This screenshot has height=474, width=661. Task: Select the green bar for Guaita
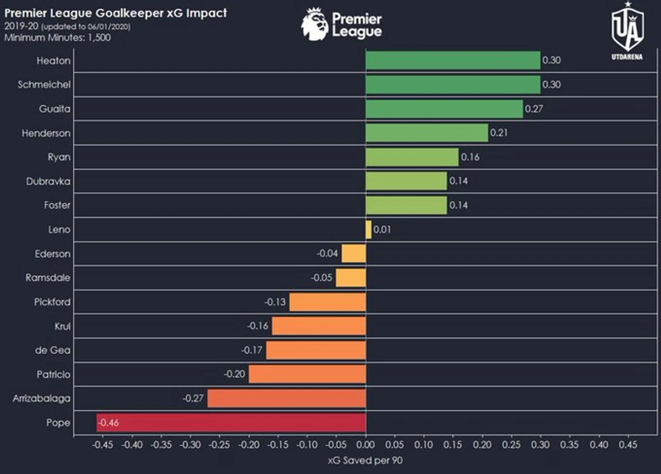444,109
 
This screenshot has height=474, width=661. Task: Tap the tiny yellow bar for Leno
369,229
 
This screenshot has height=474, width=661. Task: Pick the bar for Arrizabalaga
287,398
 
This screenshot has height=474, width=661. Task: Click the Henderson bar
427,133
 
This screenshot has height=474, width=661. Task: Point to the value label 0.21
498,133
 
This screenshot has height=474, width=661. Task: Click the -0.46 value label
109,422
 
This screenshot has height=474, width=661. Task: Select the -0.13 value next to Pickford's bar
275,302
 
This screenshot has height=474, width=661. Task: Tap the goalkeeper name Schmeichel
44,85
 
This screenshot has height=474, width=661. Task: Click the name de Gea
53,350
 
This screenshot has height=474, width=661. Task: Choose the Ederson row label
53,254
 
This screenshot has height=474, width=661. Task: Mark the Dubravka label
48,181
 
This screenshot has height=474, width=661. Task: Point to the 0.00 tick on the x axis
365,445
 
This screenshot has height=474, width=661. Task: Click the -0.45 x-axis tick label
102,445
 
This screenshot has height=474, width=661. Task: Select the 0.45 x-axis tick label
628,445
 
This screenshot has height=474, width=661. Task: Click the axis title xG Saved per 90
365,460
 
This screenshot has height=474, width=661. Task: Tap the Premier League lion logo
315,24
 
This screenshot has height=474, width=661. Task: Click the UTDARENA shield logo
627,30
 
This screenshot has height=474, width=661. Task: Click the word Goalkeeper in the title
129,13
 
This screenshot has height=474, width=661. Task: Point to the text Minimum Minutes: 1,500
57,38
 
